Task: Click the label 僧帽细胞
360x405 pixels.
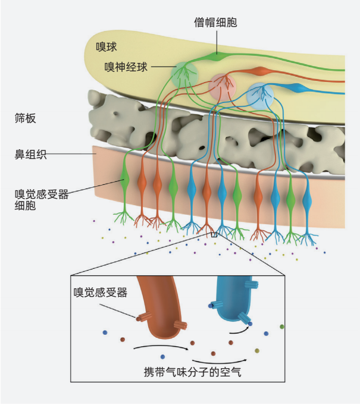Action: point(216,22)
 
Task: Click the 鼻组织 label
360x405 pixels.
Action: point(30,155)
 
